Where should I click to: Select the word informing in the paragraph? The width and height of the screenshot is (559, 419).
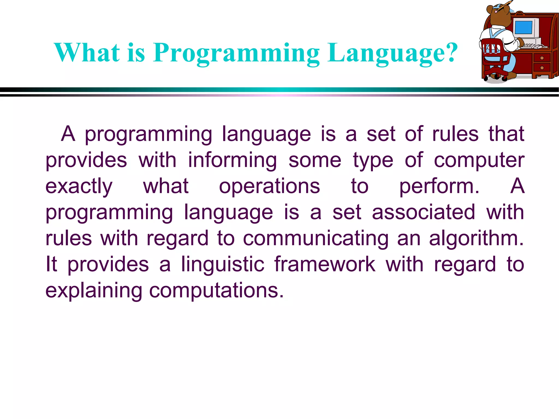[232, 160]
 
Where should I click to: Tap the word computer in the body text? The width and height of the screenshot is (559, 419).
[479, 160]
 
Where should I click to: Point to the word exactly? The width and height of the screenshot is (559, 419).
[79, 186]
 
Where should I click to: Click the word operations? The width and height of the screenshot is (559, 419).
[269, 186]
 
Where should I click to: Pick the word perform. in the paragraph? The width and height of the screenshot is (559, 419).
[439, 186]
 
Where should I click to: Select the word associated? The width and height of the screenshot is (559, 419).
[423, 212]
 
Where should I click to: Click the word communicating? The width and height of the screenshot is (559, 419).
[316, 238]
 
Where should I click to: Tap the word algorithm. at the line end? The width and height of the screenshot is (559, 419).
[476, 238]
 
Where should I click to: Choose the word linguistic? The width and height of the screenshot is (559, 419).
[223, 264]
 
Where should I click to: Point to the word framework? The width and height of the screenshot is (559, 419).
[325, 264]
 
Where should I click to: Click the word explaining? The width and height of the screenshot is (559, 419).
[94, 291]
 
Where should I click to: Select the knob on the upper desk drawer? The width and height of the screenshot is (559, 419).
[542, 58]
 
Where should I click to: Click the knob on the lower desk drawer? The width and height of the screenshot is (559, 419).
[542, 68]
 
